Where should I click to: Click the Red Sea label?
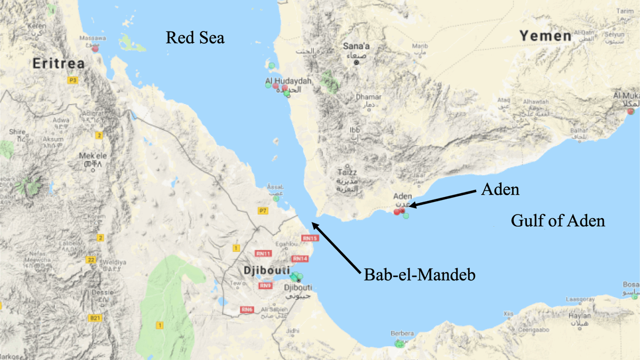pyautogui.click(x=195, y=38)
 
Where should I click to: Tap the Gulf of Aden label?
pyautogui.click(x=558, y=220)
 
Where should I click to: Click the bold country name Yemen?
pyautogui.click(x=546, y=36)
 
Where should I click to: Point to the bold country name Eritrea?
pyautogui.click(x=59, y=63)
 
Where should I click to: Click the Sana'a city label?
pyautogui.click(x=356, y=46)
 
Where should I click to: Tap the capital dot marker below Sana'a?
pyautogui.click(x=357, y=62)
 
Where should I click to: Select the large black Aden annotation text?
pyautogui.click(x=499, y=190)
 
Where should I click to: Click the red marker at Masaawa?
pyautogui.click(x=95, y=49)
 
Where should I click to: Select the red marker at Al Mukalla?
pyautogui.click(x=631, y=111)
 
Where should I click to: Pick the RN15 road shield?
pyautogui.click(x=309, y=238)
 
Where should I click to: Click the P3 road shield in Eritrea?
pyautogui.click(x=73, y=80)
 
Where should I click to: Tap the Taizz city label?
pyautogui.click(x=347, y=172)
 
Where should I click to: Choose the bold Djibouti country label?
pyautogui.click(x=267, y=271)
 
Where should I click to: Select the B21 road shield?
pyautogui.click(x=95, y=318)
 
